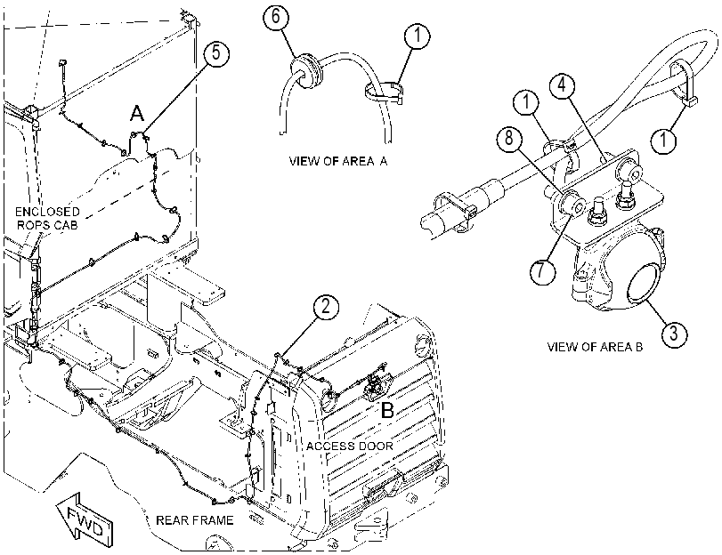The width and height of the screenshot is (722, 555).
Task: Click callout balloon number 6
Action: (x=276, y=17)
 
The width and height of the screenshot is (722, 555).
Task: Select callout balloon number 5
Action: (x=216, y=53)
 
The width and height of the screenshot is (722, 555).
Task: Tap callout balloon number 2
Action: (x=326, y=307)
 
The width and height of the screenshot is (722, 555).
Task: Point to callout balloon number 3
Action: (x=674, y=333)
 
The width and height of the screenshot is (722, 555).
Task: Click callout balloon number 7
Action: (x=542, y=270)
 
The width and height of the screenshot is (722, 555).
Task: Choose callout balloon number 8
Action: (x=509, y=138)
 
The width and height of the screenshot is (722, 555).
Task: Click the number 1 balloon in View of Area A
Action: (x=417, y=36)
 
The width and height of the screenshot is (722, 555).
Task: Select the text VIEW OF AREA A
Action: (x=338, y=161)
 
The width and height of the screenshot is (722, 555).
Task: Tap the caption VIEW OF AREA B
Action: (x=595, y=347)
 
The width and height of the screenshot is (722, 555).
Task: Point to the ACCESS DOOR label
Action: (x=350, y=446)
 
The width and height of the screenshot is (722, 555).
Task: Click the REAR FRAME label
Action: (x=195, y=520)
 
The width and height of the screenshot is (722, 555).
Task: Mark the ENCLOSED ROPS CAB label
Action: (x=47, y=218)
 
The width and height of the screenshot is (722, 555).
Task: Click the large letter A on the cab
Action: (x=137, y=113)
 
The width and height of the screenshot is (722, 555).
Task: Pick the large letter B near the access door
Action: (x=387, y=410)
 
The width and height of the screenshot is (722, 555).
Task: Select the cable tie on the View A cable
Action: (x=385, y=92)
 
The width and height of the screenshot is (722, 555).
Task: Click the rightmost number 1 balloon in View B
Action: (x=663, y=140)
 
